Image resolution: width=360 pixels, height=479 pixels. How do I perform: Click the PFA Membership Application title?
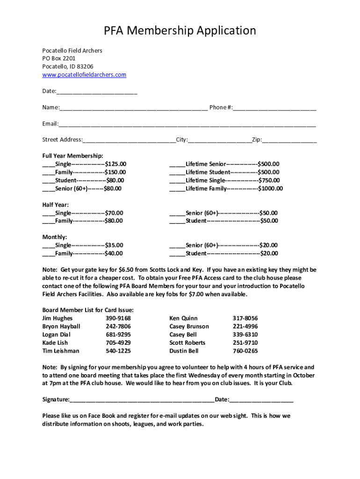tap(180, 31)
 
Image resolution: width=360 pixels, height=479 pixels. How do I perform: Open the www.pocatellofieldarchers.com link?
tap(84, 75)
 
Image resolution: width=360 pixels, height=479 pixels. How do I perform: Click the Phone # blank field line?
tap(275, 109)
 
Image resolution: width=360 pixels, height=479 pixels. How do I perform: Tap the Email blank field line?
tap(187, 125)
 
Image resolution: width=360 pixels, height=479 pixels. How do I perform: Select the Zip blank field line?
tap(289, 141)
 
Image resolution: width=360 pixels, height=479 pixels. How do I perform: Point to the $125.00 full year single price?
tap(115, 164)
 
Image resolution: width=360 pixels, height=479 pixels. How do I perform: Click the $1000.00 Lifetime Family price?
tap(270, 189)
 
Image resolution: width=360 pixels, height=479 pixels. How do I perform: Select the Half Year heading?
tap(56, 204)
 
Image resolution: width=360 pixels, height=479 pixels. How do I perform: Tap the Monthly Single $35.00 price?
tap(114, 245)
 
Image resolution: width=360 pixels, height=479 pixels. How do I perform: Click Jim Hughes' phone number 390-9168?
tap(118, 319)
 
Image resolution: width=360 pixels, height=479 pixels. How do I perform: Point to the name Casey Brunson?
tap(189, 327)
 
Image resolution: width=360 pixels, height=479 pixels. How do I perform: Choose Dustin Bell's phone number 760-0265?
tap(245, 351)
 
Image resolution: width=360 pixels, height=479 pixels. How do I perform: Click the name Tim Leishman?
tap(61, 351)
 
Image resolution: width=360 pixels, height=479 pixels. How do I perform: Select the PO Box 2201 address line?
tap(58, 58)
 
